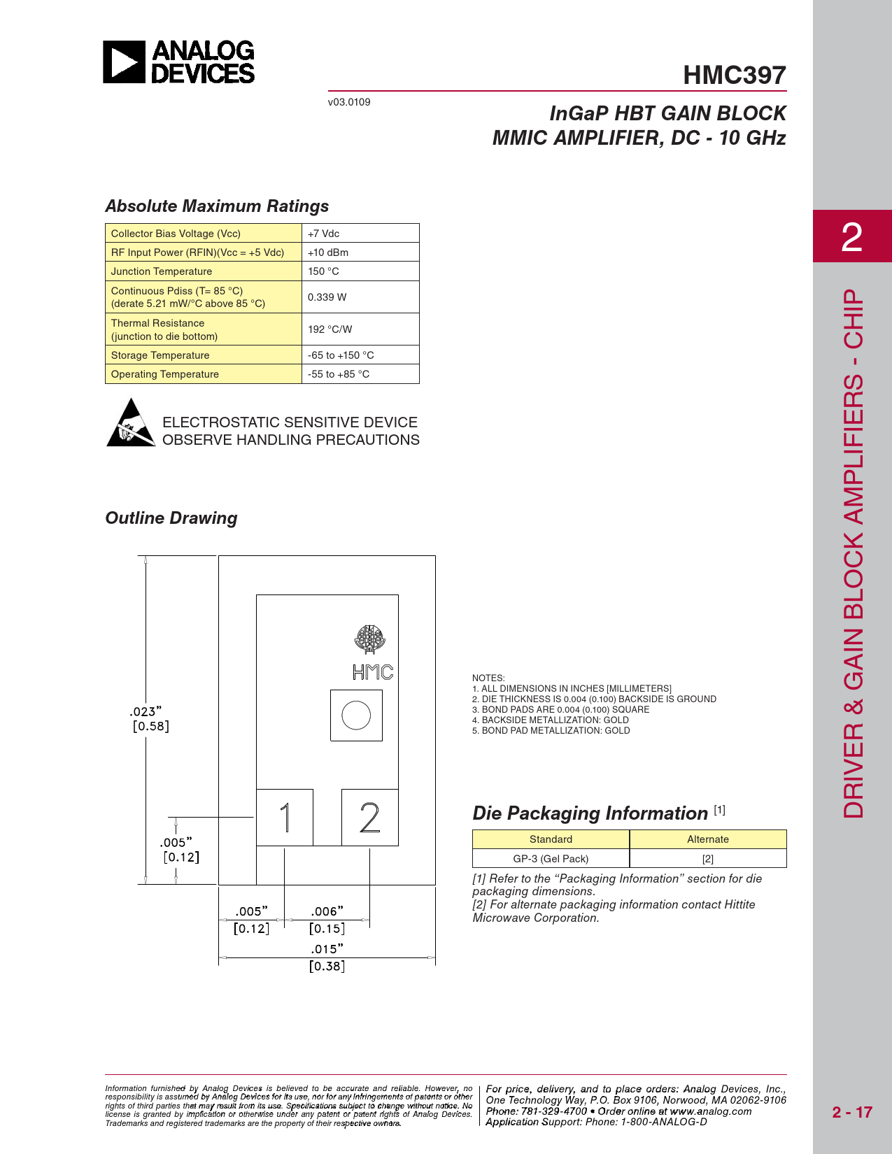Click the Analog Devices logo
[x=179, y=62]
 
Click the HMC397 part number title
[x=734, y=76]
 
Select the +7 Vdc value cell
[x=360, y=234]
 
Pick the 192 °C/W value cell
[x=360, y=329]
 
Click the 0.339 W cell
[x=360, y=297]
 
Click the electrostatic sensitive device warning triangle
[x=131, y=423]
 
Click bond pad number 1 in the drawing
[x=285, y=818]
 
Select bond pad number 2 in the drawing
[x=369, y=818]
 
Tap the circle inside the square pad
[x=356, y=715]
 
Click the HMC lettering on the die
[x=373, y=672]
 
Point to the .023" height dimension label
[x=146, y=712]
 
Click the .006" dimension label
[x=327, y=911]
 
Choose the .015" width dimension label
[x=327, y=949]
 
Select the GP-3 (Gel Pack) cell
[x=551, y=859]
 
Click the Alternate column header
[x=707, y=839]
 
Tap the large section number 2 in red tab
[x=851, y=238]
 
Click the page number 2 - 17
[x=851, y=1112]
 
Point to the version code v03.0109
[x=349, y=102]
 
